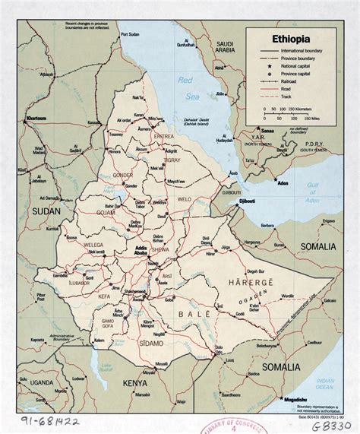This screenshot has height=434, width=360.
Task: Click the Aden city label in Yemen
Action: pos(302,185)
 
